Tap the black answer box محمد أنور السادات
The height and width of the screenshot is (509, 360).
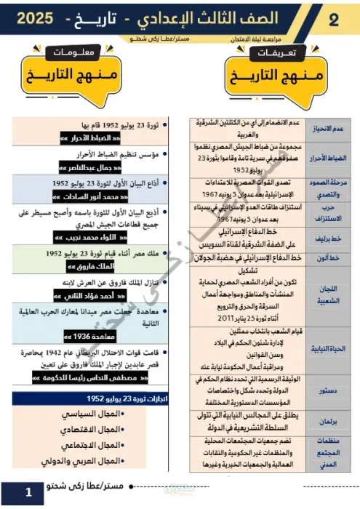93,196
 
